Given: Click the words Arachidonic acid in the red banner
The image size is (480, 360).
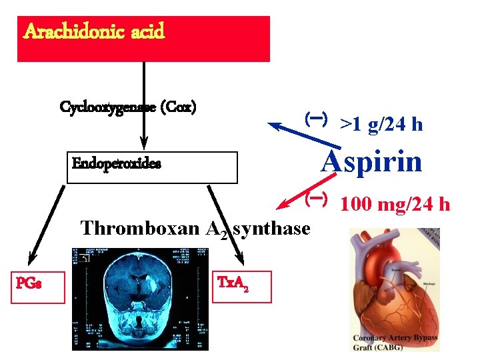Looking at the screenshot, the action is (94, 31).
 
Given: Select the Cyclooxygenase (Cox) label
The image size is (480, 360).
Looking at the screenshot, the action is (128, 107).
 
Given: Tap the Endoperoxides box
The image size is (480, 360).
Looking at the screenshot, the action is (153, 167).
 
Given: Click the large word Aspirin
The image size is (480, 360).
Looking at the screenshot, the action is (371, 161).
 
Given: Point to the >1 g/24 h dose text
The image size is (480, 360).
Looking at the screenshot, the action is (381, 124).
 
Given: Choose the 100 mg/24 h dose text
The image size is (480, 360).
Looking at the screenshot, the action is (395, 203).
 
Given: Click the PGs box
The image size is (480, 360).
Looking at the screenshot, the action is (38, 287).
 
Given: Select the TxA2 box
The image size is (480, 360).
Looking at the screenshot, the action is (243, 287).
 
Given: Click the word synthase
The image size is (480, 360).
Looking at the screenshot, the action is (275, 228).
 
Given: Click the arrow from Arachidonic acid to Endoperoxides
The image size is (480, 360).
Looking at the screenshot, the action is (143, 107).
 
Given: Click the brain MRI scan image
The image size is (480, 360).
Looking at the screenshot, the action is (141, 298).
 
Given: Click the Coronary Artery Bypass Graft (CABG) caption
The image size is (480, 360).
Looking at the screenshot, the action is (395, 342).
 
